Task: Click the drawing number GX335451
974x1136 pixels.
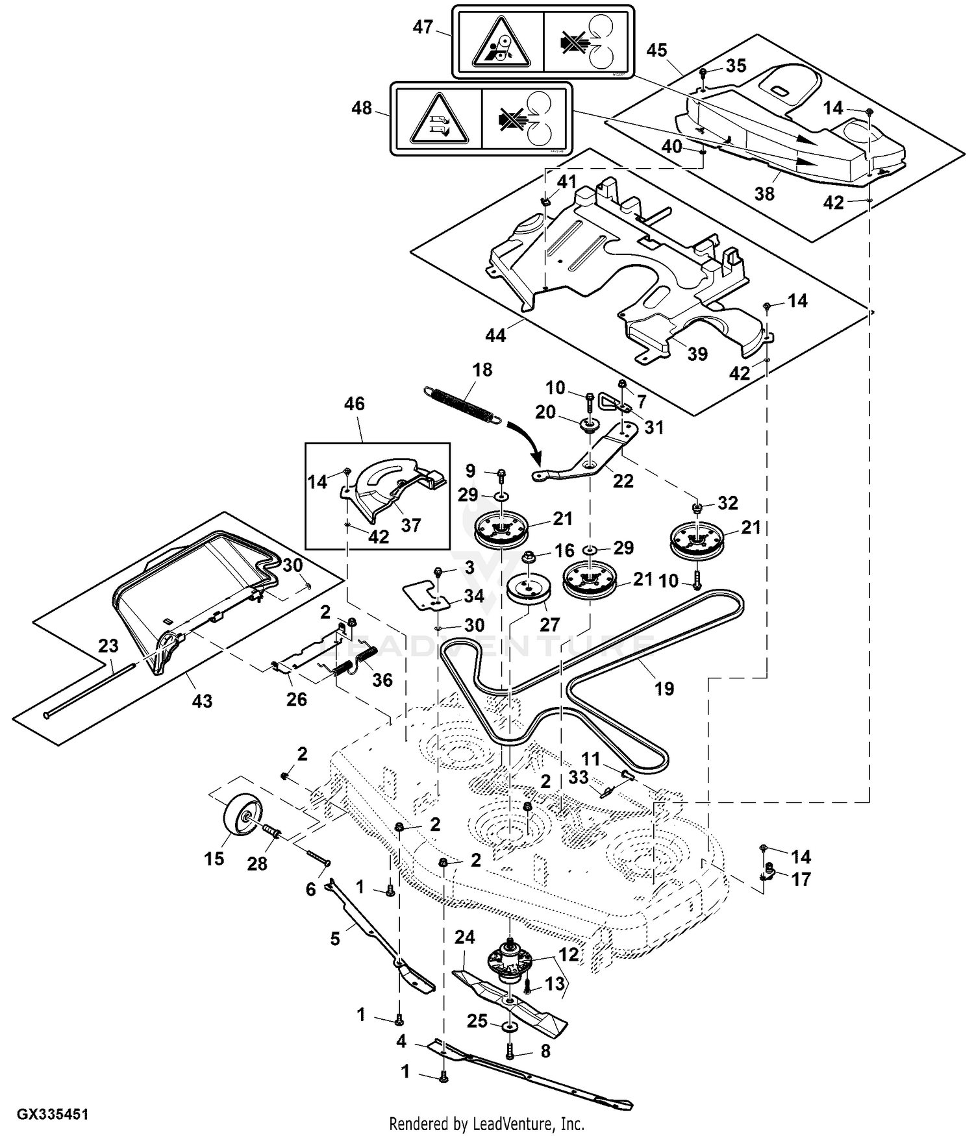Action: (x=53, y=1115)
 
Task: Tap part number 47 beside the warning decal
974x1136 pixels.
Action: (x=423, y=28)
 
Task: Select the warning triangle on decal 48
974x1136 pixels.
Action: (x=439, y=121)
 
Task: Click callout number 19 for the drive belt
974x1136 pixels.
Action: (x=664, y=688)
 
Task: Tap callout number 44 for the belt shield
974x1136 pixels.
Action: (x=495, y=335)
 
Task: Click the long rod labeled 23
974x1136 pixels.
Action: (x=91, y=688)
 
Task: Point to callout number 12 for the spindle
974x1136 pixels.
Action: (x=569, y=955)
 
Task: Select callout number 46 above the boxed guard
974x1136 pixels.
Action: (x=354, y=404)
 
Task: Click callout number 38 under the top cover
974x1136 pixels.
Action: (x=764, y=193)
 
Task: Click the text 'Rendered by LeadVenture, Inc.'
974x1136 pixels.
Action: (x=486, y=1123)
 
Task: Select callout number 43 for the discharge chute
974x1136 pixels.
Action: (x=202, y=701)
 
